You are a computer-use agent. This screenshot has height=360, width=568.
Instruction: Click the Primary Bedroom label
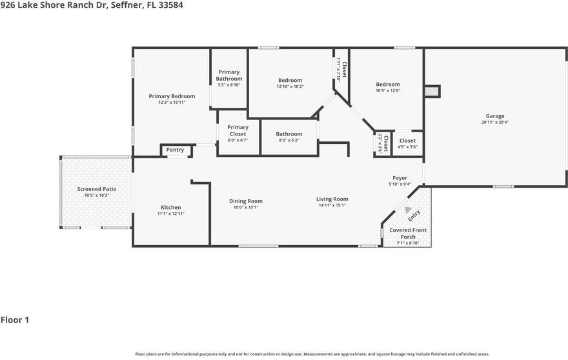click(172, 96)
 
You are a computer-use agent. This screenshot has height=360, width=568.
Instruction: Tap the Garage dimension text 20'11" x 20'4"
click(495, 123)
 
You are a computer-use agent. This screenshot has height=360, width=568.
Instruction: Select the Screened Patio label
click(97, 189)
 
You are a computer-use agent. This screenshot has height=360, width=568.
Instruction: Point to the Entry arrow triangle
click(407, 209)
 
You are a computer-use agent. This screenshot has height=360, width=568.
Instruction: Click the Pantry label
click(175, 150)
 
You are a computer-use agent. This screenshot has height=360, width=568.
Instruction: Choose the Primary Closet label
click(238, 131)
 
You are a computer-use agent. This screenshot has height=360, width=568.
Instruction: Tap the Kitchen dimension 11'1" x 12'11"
click(171, 214)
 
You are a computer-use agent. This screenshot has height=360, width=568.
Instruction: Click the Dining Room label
click(245, 201)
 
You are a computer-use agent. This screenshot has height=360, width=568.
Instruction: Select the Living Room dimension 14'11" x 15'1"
click(332, 205)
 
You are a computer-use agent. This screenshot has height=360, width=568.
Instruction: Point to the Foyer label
click(400, 178)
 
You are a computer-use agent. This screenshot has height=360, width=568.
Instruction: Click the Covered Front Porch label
click(407, 234)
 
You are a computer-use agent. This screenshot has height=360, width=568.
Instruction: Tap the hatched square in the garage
click(431, 92)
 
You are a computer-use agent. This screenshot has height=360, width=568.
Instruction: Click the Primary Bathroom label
click(228, 75)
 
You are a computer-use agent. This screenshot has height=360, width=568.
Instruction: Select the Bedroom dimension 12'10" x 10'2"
click(290, 86)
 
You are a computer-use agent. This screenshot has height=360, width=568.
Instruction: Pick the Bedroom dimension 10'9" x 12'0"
click(388, 90)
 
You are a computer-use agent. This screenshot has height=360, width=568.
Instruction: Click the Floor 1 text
click(15, 319)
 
